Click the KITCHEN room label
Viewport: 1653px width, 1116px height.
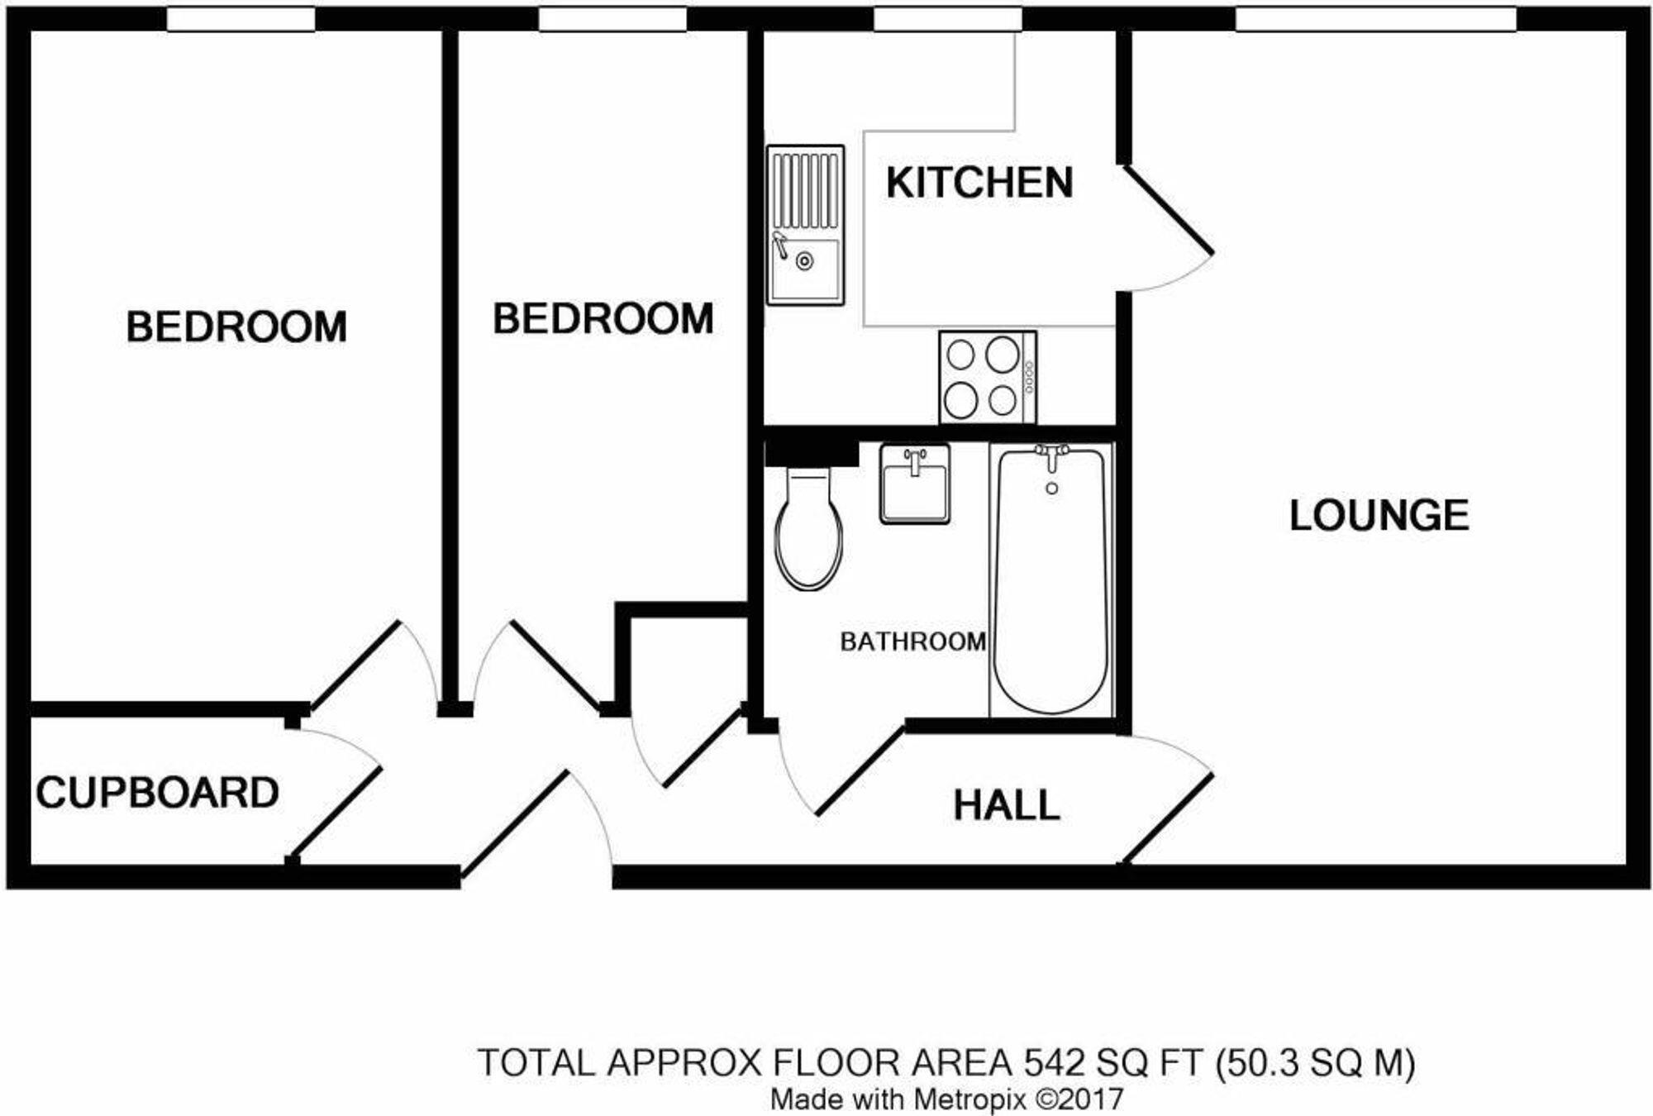click(x=979, y=183)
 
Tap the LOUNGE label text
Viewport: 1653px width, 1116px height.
click(x=1379, y=516)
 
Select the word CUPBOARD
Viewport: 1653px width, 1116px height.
click(x=157, y=793)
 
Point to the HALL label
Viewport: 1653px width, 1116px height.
click(x=1006, y=805)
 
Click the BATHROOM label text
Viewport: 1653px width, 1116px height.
click(x=912, y=641)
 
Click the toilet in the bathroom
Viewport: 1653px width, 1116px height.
click(x=808, y=529)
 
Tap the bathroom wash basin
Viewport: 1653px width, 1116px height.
click(x=914, y=484)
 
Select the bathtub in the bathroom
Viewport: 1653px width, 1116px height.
click(x=1050, y=579)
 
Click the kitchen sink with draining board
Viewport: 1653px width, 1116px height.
click(x=805, y=225)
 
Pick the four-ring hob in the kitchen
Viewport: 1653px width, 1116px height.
click(x=987, y=378)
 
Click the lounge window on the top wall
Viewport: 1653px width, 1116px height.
click(x=1374, y=19)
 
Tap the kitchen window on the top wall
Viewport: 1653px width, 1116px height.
click(x=947, y=19)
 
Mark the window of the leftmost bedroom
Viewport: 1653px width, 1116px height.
click(x=241, y=19)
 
